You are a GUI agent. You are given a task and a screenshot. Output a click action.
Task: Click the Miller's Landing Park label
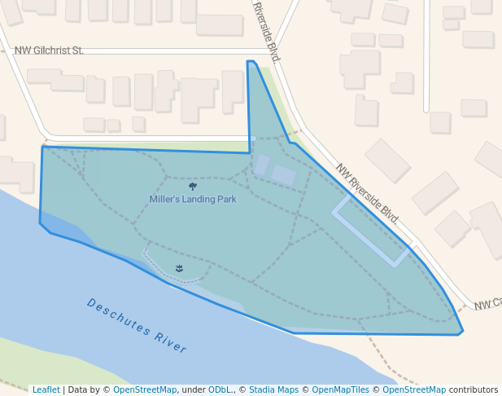point(193,199)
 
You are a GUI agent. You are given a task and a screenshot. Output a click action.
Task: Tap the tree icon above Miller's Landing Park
point(192,187)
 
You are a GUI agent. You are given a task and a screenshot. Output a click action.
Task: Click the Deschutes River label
point(137,326)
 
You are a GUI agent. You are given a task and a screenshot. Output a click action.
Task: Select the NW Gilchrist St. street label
point(49,51)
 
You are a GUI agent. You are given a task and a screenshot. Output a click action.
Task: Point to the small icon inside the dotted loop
point(179,268)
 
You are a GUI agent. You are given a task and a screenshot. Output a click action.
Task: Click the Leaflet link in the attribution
point(46,390)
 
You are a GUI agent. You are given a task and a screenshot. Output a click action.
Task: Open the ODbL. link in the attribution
point(221,390)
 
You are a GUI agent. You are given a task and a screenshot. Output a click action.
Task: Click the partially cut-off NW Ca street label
point(487,303)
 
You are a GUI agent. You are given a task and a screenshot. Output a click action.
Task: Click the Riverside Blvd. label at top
point(267,33)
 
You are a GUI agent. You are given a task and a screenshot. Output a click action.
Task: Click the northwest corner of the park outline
point(42,147)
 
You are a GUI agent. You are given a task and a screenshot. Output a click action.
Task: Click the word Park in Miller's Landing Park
point(226,199)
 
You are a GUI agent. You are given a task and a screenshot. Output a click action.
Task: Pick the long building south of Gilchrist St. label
point(55,80)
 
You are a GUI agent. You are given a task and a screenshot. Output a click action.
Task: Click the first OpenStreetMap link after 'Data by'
point(145,390)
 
